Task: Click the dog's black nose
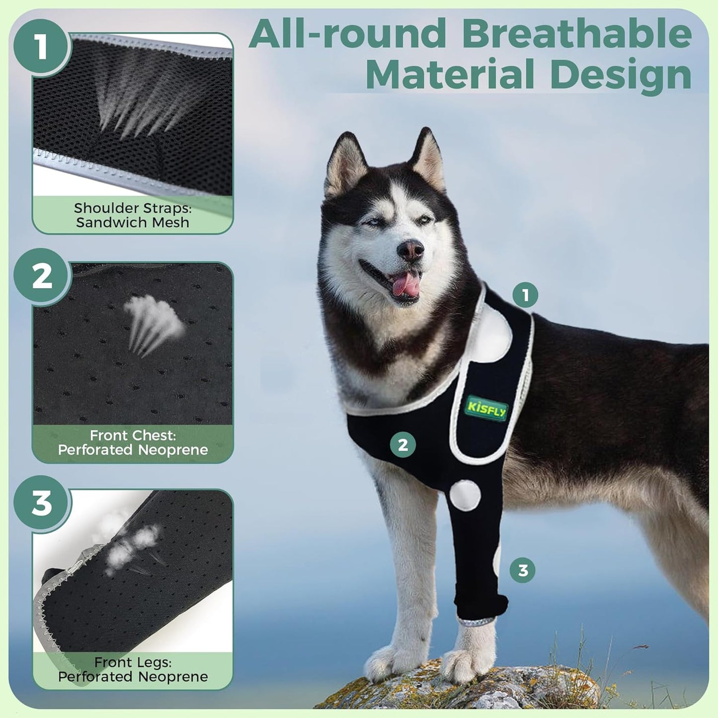click(x=411, y=250)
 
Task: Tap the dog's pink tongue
click(x=406, y=285)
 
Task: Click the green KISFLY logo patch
click(x=486, y=409)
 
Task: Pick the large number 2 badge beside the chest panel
click(x=41, y=276)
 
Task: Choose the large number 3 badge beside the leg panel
click(x=41, y=502)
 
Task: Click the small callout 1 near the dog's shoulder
click(x=525, y=295)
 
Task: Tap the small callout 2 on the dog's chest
click(x=402, y=444)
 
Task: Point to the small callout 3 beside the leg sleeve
click(x=523, y=570)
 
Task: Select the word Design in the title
click(x=621, y=75)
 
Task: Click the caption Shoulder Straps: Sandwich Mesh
click(x=133, y=215)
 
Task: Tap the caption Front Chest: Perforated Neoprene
click(x=133, y=443)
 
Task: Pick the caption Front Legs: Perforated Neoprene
click(x=133, y=669)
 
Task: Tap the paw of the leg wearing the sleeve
click(x=465, y=663)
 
